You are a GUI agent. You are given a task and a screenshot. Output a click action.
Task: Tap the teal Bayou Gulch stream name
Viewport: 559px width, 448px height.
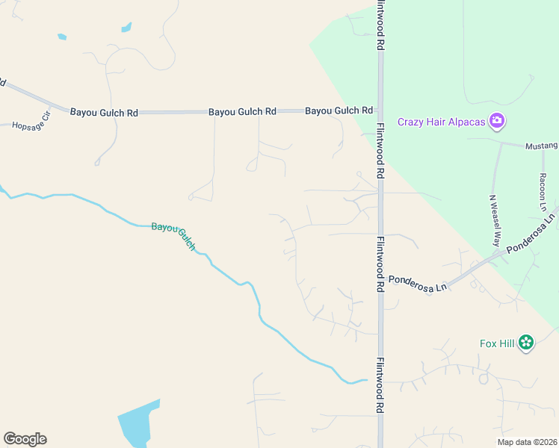[173, 235]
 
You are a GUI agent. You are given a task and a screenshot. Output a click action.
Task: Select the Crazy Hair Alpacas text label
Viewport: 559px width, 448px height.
[441, 122]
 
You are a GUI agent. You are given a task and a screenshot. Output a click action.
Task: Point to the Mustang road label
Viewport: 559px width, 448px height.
[542, 146]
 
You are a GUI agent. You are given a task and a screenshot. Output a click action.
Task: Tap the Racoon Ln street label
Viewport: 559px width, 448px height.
[543, 192]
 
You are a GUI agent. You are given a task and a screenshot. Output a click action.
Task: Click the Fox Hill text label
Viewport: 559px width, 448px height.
[497, 343]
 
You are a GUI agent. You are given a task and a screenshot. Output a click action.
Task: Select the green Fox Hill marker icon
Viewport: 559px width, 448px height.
[527, 343]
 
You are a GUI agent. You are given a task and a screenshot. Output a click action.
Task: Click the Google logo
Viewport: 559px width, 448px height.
[25, 439]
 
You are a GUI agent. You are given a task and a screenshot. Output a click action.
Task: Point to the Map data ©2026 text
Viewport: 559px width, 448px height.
[527, 442]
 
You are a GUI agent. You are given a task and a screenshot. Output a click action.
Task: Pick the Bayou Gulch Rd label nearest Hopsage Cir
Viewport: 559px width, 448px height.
[104, 113]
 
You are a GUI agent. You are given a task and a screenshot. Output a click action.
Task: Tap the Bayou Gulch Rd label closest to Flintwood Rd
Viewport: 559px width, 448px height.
[339, 111]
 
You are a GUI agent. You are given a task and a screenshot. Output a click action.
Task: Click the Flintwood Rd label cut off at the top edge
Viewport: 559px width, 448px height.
[380, 24]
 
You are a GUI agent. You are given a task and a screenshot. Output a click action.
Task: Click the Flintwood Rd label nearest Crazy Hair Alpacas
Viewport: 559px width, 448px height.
[380, 149]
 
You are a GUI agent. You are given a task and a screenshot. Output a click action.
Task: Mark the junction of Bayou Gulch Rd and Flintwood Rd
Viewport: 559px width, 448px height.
[380, 111]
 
